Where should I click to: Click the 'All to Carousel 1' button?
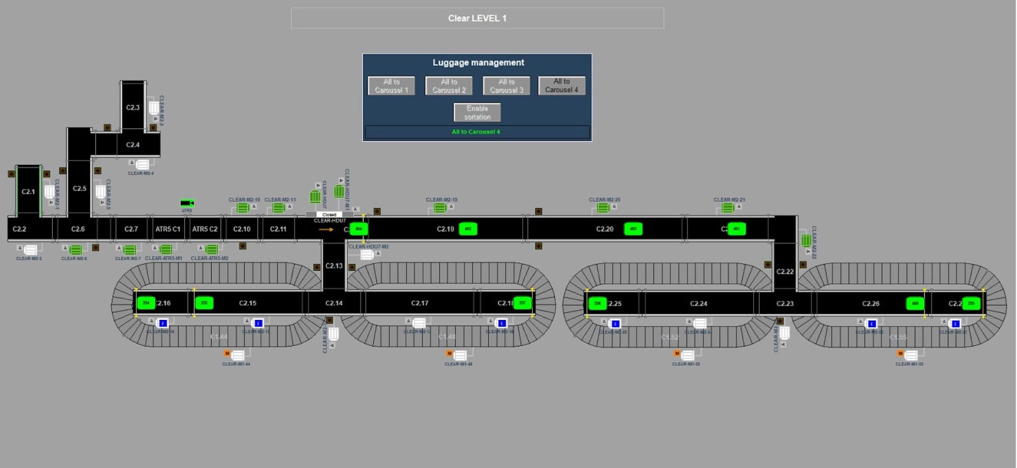coord(391,86)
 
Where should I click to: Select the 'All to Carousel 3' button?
coord(506,86)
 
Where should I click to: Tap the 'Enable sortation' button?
coord(477,112)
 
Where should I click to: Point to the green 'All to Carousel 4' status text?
coord(476,132)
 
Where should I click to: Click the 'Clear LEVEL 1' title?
coord(477,18)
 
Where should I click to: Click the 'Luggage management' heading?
coord(478,63)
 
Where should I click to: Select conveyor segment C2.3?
coord(133,107)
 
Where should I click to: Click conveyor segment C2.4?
coord(133,144)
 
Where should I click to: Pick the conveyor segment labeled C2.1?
coord(28,192)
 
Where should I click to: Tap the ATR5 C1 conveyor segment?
coord(168,229)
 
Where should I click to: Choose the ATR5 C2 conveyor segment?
coord(204,229)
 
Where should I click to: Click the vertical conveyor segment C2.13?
coord(334,266)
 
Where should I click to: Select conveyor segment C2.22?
coord(785,271)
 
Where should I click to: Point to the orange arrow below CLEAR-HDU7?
coord(326,229)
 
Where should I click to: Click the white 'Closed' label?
coord(329,215)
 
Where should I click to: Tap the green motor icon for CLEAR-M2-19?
coord(440,208)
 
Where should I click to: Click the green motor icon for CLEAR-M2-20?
coord(603,208)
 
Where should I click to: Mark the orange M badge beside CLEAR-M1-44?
coord(227,353)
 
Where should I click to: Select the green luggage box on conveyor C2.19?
coord(468,229)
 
